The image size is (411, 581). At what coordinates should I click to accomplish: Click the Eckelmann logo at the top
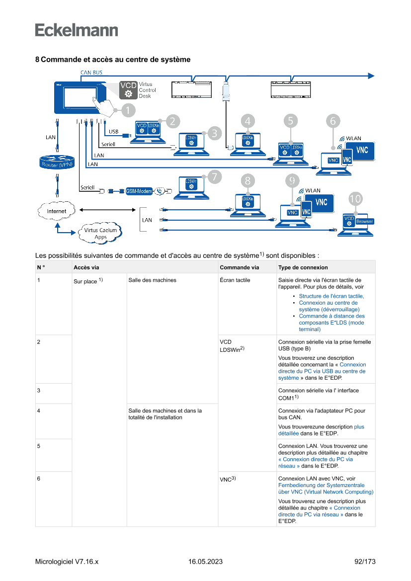(x=77, y=30)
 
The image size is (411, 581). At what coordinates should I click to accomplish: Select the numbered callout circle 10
(x=355, y=199)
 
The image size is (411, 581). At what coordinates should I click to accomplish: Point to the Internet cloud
(x=57, y=211)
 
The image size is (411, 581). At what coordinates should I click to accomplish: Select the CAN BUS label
(x=91, y=73)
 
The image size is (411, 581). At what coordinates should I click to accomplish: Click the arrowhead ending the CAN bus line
(x=371, y=76)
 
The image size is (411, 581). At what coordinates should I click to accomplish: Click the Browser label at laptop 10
(x=364, y=221)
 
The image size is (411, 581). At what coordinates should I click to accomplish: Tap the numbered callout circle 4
(x=247, y=120)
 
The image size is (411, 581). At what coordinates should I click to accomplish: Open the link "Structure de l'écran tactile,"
(x=331, y=296)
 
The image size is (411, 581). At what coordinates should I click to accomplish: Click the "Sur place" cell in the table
(x=85, y=281)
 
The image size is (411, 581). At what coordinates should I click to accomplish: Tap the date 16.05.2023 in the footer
(x=205, y=562)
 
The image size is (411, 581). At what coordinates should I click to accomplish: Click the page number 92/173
(x=365, y=562)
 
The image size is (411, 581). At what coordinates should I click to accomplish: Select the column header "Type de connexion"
(x=303, y=267)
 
